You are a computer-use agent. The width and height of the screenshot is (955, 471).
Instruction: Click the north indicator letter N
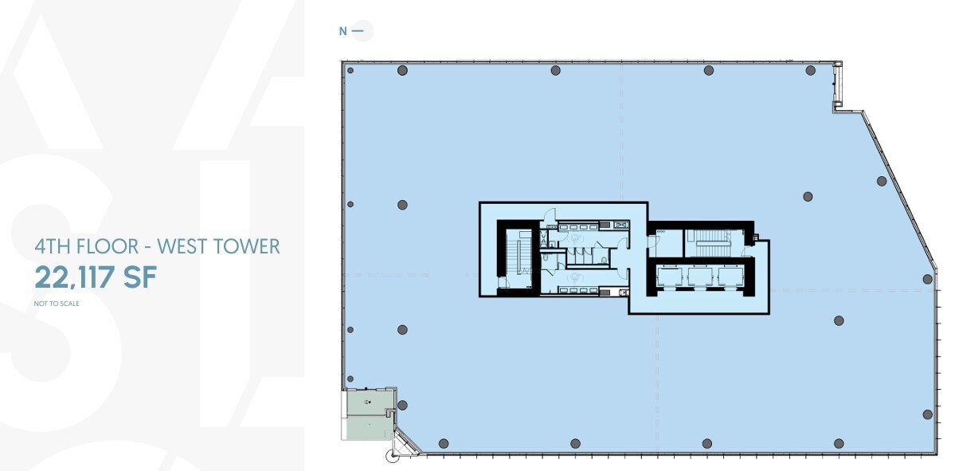tap(342, 31)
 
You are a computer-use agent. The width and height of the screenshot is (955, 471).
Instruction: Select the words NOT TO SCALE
tap(57, 304)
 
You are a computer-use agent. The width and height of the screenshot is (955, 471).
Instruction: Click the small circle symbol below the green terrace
tap(391, 457)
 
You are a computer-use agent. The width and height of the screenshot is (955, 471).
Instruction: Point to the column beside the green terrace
tap(401, 406)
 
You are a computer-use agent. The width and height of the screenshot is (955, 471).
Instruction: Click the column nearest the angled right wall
tap(882, 181)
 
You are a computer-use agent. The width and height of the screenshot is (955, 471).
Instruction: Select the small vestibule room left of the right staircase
tap(665, 243)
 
